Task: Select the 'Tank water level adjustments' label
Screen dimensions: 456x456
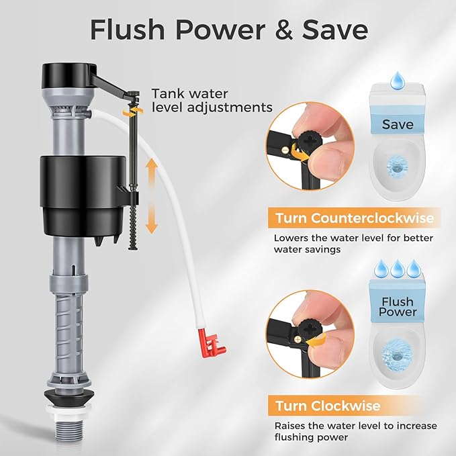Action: point(212,101)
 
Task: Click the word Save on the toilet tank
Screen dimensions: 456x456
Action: point(398,124)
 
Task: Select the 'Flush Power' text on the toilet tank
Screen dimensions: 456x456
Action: point(398,307)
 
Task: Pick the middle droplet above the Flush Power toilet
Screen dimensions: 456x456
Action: point(398,267)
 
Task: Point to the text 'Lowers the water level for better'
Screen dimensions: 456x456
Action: point(353,238)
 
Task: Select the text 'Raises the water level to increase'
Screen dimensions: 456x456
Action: point(355,426)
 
